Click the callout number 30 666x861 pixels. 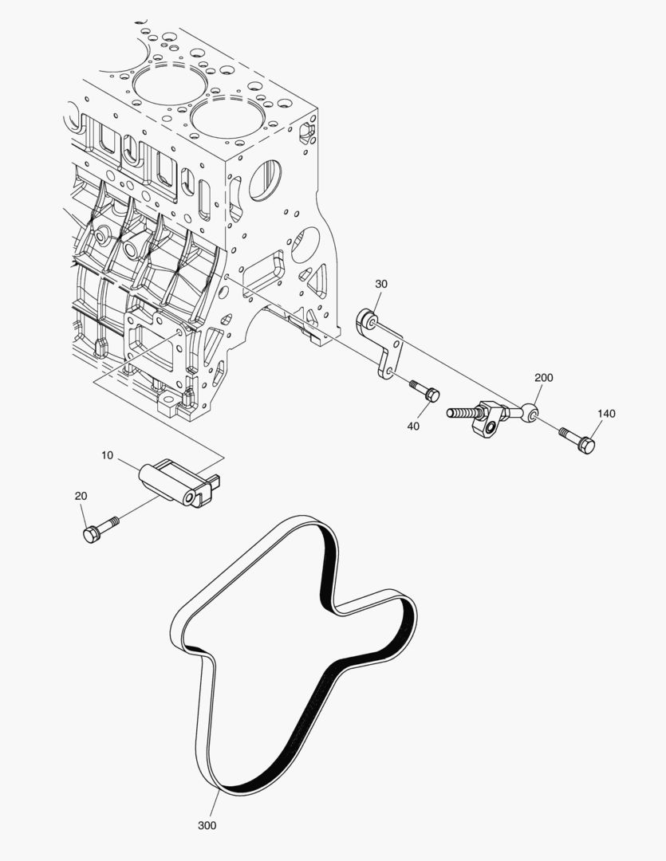click(381, 284)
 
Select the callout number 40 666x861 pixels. click(413, 427)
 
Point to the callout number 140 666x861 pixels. click(606, 414)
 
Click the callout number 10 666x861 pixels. click(108, 455)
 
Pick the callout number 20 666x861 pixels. click(81, 496)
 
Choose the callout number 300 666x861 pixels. click(207, 825)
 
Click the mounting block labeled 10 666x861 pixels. click(179, 483)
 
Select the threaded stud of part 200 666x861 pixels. click(462, 415)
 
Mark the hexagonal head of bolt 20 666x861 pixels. click(90, 533)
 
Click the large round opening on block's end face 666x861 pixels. click(264, 180)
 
